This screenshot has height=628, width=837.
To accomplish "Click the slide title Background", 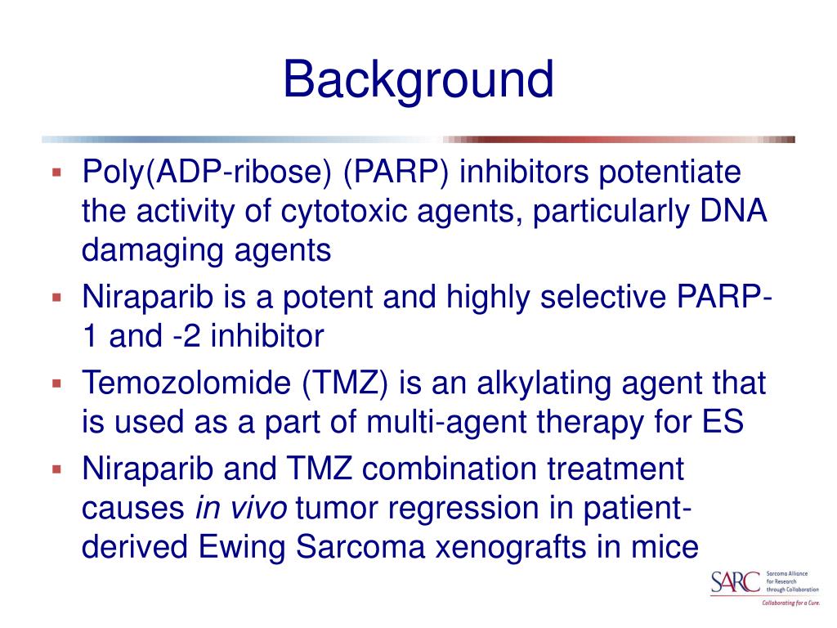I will [418, 80].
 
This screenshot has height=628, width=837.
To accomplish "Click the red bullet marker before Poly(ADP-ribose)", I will [57, 173].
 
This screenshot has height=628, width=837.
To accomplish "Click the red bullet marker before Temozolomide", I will [57, 383].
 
